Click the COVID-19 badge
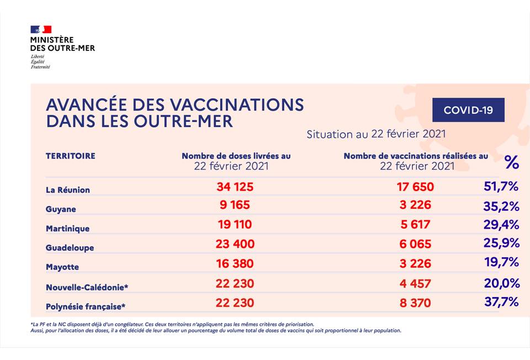[468, 110]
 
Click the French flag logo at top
[41, 30]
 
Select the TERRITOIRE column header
[70, 156]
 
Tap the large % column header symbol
[512, 162]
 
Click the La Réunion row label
[67, 190]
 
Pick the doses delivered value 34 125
[235, 187]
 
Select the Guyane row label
[61, 209]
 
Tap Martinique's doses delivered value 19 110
[235, 224]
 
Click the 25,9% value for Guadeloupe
[502, 243]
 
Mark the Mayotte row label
[62, 267]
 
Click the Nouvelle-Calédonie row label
[89, 287]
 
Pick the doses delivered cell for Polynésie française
[235, 303]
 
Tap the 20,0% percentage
[502, 283]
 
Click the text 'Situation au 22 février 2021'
[376, 134]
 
